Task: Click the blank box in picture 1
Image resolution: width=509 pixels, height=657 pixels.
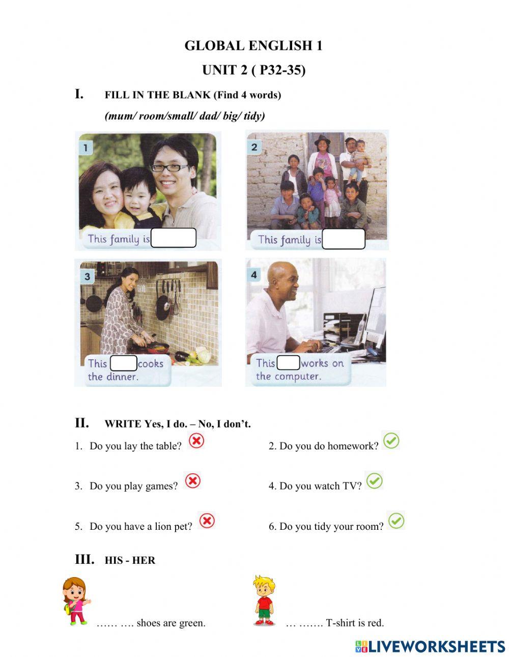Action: [173, 238]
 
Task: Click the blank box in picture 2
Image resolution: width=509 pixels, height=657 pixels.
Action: [344, 239]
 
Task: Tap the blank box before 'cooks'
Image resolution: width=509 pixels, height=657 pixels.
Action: [124, 363]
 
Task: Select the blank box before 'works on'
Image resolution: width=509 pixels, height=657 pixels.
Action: [289, 363]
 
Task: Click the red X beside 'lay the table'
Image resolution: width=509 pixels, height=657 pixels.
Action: [196, 440]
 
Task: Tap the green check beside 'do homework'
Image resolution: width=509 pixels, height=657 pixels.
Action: [391, 440]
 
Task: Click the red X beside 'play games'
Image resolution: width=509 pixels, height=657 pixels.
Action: [192, 480]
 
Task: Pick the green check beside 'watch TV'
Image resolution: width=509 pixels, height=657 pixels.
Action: [374, 480]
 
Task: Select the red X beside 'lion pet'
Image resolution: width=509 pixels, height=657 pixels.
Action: [206, 521]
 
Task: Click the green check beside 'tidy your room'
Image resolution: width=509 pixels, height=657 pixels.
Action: [396, 521]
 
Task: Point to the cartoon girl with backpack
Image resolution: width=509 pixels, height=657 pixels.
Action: [75, 601]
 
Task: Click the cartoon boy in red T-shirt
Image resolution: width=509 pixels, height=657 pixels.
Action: [264, 601]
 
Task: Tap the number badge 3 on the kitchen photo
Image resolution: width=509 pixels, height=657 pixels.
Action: [87, 276]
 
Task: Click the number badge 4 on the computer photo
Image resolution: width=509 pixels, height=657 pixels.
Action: [253, 275]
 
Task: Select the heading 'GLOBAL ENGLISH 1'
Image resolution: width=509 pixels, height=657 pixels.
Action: [253, 46]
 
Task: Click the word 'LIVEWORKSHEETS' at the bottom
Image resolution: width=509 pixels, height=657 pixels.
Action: [436, 646]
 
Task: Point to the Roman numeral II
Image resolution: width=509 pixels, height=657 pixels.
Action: [81, 423]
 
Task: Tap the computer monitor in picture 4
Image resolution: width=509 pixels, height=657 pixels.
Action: [375, 316]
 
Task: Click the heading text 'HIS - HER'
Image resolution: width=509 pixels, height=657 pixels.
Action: [130, 560]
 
